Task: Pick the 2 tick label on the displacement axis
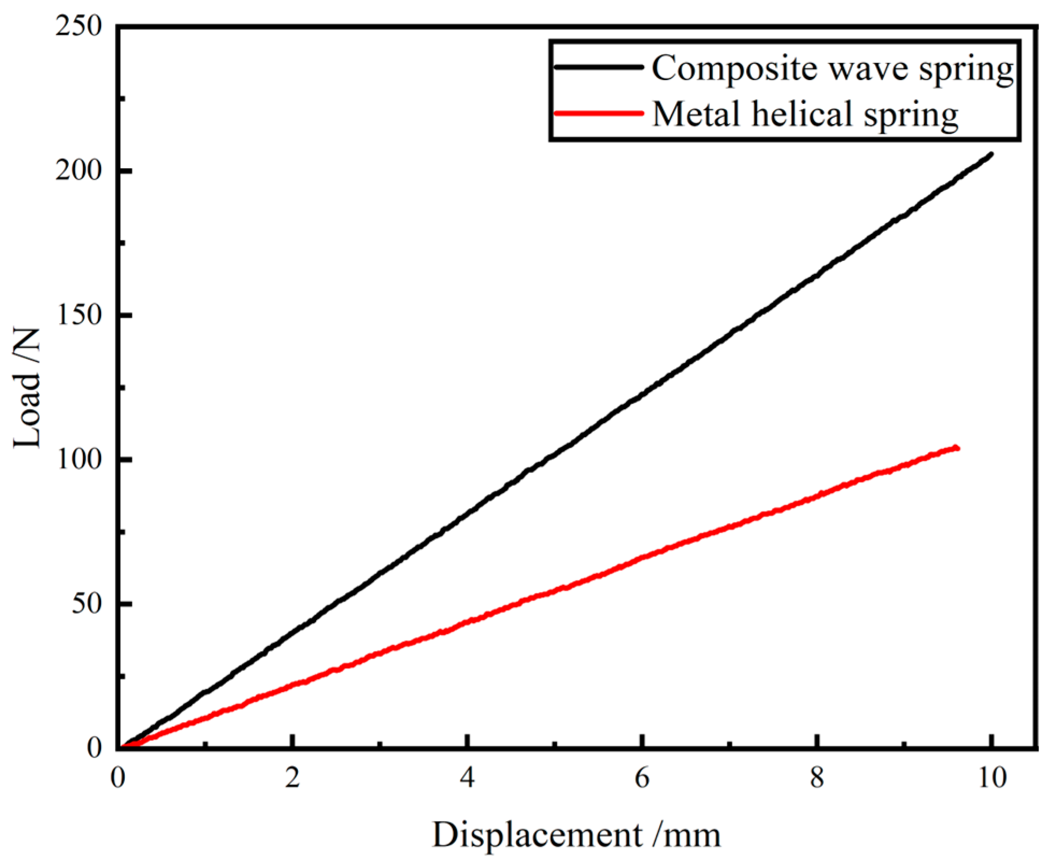(x=292, y=778)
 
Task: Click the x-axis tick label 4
(x=467, y=778)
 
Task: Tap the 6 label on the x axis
(x=642, y=778)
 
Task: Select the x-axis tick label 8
(x=816, y=778)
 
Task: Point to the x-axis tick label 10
(x=991, y=778)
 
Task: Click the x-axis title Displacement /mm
(x=576, y=835)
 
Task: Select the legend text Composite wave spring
(x=832, y=69)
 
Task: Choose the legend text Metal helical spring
(x=805, y=115)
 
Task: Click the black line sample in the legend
(x=598, y=67)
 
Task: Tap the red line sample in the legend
(x=598, y=113)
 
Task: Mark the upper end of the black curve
(x=991, y=154)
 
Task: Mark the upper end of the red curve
(x=957, y=448)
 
